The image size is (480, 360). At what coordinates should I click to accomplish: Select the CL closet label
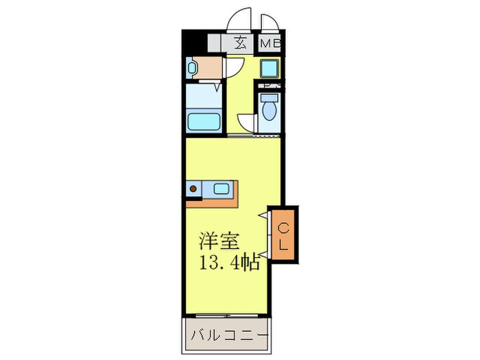tap(283, 232)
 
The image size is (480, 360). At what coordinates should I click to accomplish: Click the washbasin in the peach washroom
tap(193, 68)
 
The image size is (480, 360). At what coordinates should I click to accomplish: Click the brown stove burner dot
tap(195, 188)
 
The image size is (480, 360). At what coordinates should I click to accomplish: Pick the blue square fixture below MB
tap(269, 69)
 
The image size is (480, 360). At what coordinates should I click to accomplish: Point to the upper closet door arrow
tap(263, 215)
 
